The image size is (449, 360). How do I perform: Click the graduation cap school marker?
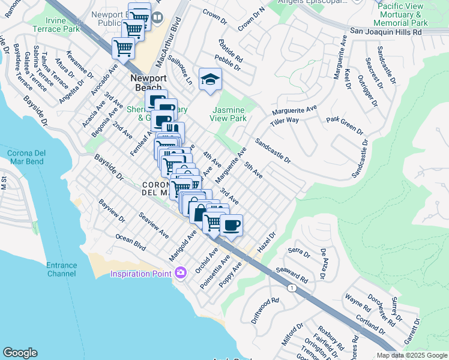[x=210, y=80]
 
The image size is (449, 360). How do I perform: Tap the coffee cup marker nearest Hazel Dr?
[x=231, y=226]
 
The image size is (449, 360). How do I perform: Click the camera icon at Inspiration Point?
[x=181, y=274]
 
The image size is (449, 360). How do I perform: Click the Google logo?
[x=20, y=352]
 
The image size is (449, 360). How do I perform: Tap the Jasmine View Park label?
[x=229, y=114]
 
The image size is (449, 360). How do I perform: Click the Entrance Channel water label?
[x=62, y=269]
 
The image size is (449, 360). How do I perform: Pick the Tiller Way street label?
[x=284, y=121]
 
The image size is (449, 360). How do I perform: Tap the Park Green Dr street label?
[x=345, y=125]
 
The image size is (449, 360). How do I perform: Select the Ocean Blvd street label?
[x=131, y=242]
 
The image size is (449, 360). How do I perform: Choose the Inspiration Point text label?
[x=142, y=274]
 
